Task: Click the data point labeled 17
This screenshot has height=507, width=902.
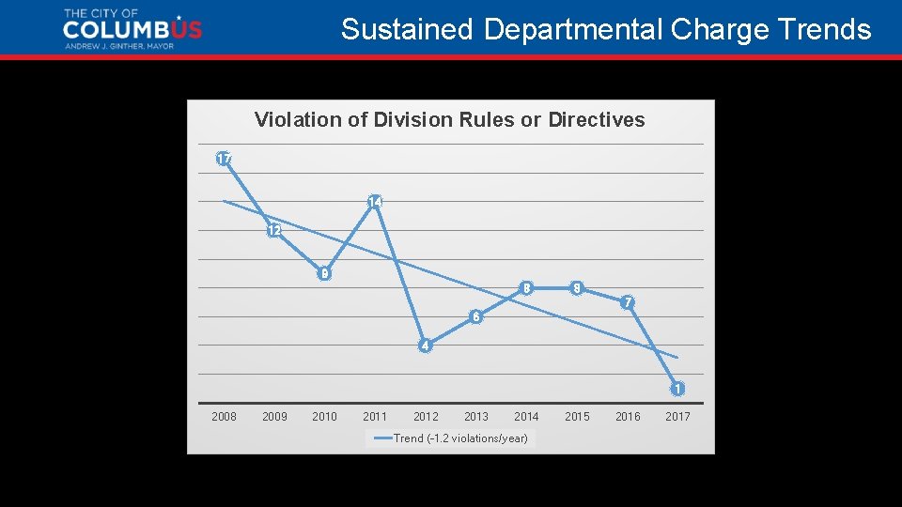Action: tap(224, 159)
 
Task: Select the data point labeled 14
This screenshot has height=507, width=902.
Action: tap(375, 202)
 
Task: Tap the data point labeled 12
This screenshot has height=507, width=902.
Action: tap(273, 230)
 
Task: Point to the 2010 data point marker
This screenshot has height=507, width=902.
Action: tap(324, 274)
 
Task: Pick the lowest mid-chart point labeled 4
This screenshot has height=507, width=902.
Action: tap(425, 346)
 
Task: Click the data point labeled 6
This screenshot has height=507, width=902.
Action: tap(476, 316)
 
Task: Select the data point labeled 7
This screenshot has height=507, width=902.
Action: tap(628, 302)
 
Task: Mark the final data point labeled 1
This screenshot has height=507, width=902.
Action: tap(677, 389)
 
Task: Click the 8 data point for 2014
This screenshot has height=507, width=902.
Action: tap(527, 288)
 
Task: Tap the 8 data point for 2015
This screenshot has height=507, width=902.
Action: tap(577, 288)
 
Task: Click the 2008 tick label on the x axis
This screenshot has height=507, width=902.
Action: tap(224, 416)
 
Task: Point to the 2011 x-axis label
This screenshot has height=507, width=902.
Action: tap(375, 416)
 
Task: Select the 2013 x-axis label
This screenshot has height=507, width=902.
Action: tap(476, 416)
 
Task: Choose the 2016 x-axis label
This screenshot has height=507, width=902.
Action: tap(628, 416)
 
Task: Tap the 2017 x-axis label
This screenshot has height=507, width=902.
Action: tap(677, 416)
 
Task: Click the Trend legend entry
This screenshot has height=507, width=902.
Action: tap(451, 438)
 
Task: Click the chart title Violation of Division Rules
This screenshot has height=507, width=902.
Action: tap(449, 119)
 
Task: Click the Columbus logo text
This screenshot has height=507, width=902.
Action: tap(132, 30)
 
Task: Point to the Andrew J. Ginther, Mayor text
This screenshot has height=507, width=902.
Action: tap(118, 46)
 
